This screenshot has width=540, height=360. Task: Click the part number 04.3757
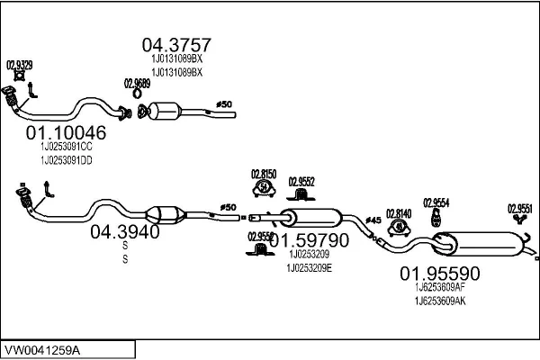point(176,44)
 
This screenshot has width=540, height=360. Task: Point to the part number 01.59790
point(309,241)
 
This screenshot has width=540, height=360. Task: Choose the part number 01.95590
point(440,273)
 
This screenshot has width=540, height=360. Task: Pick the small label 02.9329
point(20,65)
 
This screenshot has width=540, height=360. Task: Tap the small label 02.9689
point(136,83)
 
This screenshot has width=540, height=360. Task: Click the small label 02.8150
point(264,173)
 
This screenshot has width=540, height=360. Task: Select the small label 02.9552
point(301,181)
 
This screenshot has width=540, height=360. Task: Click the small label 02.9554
point(436,202)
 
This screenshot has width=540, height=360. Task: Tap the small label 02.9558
point(260,237)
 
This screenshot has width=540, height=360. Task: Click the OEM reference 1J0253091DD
point(67,159)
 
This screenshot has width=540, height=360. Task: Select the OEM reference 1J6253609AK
point(440,300)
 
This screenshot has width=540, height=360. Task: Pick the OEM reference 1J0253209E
point(309,267)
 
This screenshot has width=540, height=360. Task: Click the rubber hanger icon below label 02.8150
point(265,189)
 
